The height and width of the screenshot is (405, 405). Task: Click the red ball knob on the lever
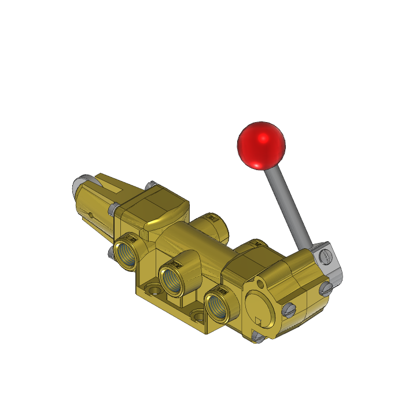pyautogui.click(x=262, y=146)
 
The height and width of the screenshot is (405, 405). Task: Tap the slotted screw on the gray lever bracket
pyautogui.click(x=327, y=255)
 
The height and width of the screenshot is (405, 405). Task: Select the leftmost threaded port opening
pyautogui.click(x=127, y=255)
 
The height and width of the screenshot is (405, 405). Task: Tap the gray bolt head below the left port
pyautogui.click(x=111, y=251)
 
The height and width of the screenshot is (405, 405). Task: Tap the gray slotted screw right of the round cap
pyautogui.click(x=290, y=310)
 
